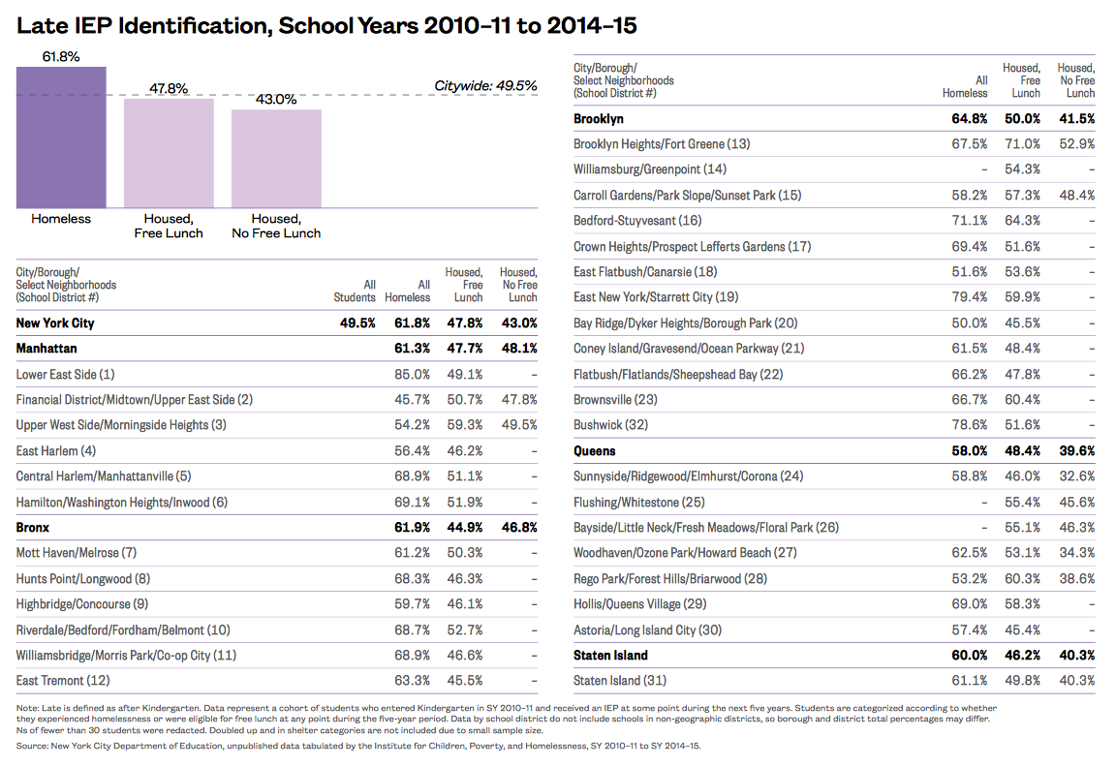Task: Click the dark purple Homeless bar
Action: [x=61, y=137]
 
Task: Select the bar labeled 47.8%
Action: [x=169, y=152]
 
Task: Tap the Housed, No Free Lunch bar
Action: [x=276, y=157]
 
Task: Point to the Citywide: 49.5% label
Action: [x=485, y=86]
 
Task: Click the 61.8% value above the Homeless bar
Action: [x=61, y=57]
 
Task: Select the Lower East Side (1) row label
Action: [x=65, y=374]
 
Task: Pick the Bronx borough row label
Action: [x=33, y=528]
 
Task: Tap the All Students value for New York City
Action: [x=356, y=322]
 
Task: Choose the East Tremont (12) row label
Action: [x=64, y=681]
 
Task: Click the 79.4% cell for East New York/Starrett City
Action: [x=970, y=297]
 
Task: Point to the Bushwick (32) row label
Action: [x=611, y=425]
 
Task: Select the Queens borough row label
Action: [x=595, y=450]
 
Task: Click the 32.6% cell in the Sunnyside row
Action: [x=1077, y=476]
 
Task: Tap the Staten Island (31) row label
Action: [x=620, y=681]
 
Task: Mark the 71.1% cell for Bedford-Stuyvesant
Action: [x=970, y=221]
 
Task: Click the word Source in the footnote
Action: [x=32, y=747]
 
